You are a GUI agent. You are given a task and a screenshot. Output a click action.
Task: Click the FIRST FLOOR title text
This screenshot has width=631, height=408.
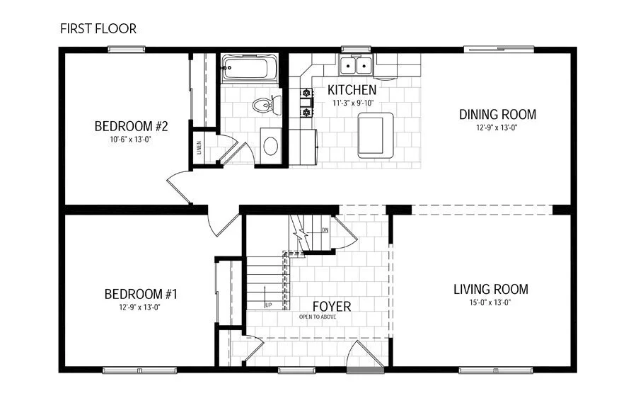coord(98,29)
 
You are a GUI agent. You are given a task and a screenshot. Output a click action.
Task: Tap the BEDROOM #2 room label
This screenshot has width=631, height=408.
coord(131,127)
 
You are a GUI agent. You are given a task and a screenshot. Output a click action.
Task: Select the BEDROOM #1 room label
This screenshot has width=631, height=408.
coord(140,294)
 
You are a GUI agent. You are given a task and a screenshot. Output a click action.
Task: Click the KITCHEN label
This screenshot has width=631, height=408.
coord(352,91)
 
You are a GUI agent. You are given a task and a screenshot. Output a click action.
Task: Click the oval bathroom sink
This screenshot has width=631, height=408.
coord(270,146)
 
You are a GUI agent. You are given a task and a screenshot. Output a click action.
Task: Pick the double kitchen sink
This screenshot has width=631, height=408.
coord(357,66)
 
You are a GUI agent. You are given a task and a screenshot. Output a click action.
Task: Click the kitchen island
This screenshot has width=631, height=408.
coord(372,135)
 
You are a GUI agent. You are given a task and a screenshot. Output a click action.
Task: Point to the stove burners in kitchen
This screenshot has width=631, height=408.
coord(307,101)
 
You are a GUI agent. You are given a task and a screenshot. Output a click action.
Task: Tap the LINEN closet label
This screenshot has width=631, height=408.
coord(198,148)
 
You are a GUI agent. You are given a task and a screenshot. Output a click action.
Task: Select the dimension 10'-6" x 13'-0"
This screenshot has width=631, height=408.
coord(131,140)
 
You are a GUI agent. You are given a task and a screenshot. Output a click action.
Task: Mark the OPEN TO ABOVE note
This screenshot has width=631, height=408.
coord(318,317)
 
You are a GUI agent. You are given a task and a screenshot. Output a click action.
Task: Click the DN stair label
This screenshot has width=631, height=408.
coord(325,230)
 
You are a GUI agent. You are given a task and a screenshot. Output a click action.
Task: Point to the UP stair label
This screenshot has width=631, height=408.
coord(269,305)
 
